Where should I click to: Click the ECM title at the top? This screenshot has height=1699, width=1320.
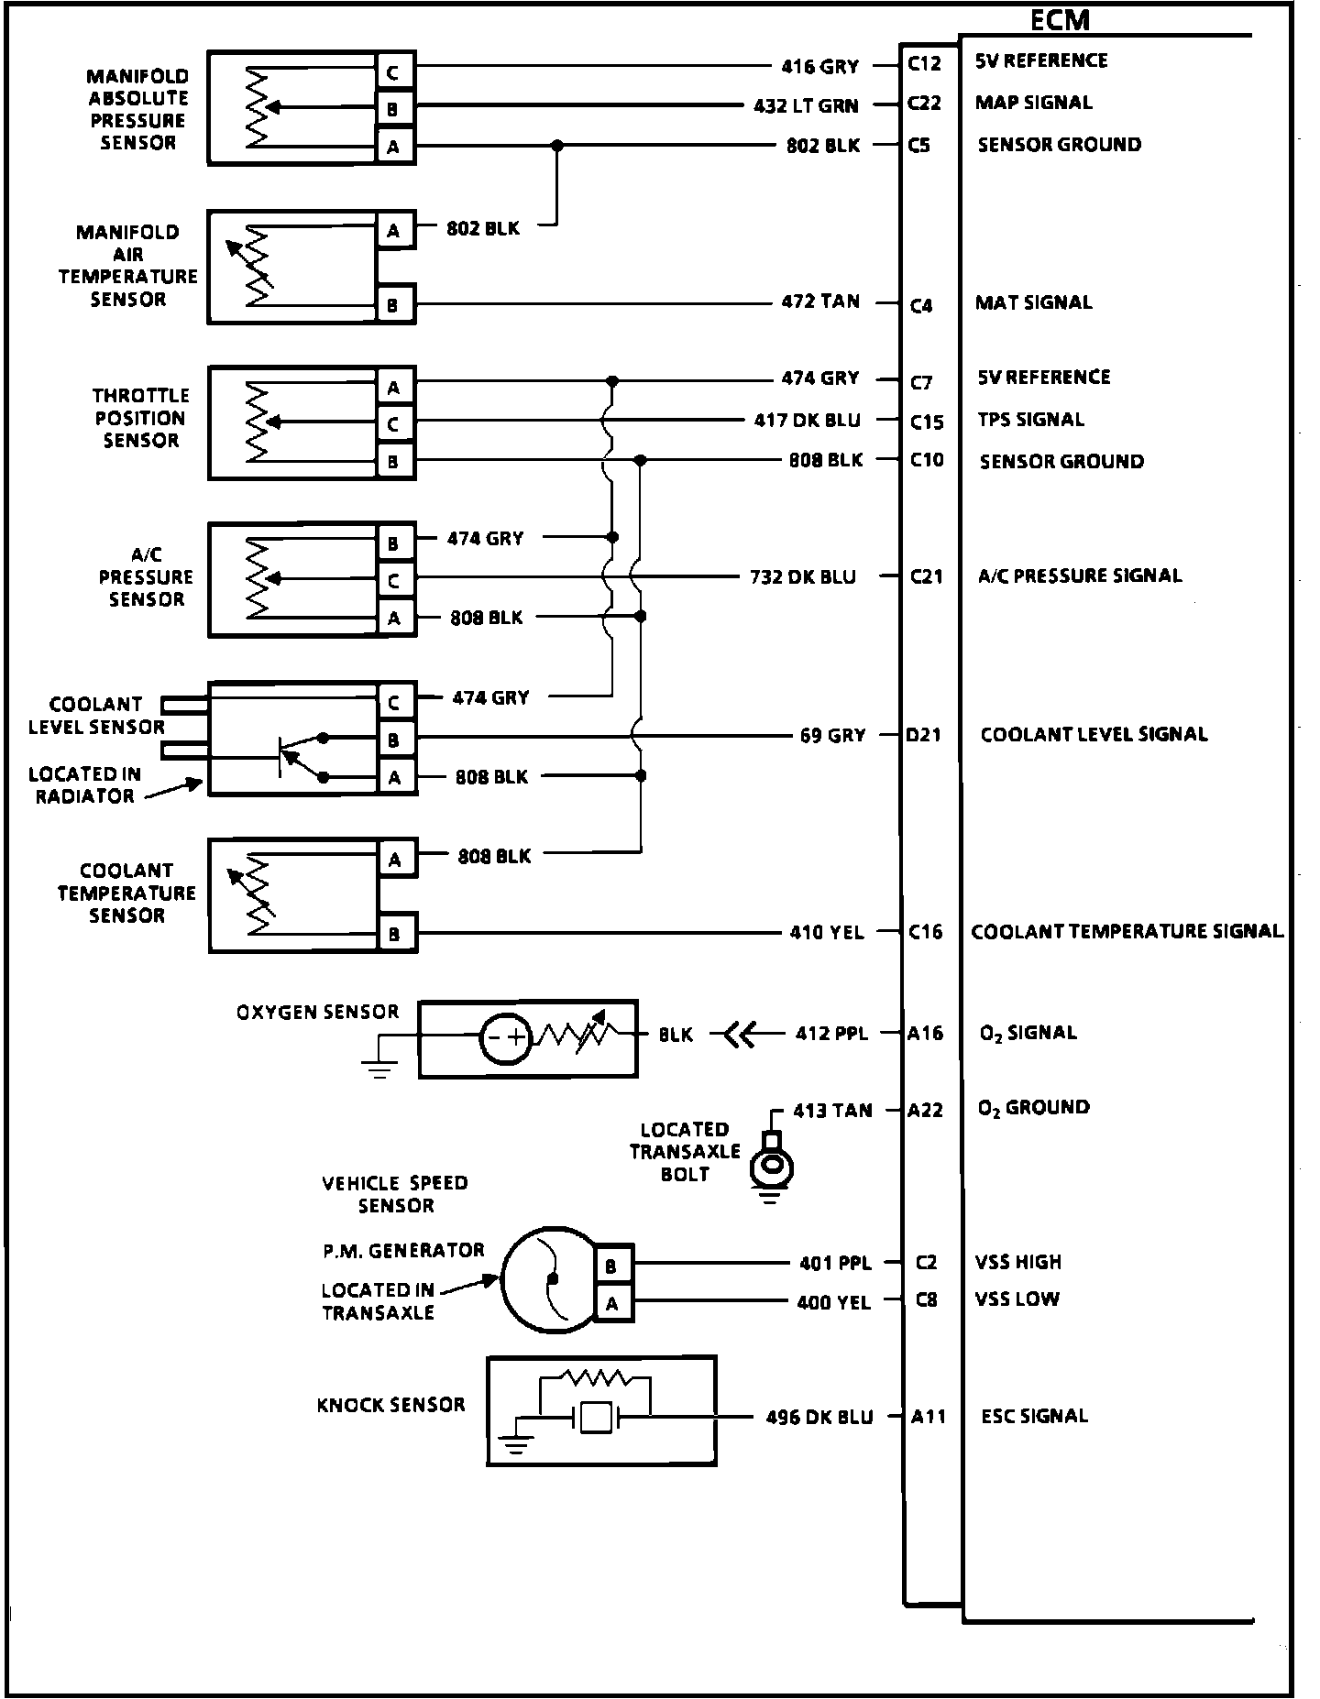coord(1061,19)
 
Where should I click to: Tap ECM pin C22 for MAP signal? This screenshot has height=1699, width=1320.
coord(924,103)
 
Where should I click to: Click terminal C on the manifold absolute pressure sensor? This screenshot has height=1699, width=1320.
coord(393,71)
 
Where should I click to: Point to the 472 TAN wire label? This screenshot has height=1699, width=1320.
coord(820,301)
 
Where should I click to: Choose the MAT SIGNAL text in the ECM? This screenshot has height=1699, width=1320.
coord(1033,302)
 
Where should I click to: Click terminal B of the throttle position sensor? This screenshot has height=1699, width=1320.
coord(393,461)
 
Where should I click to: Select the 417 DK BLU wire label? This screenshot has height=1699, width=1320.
coord(808,420)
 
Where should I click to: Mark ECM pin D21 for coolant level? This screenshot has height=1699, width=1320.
coord(923,735)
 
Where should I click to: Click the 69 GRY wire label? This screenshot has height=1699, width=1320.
coord(832,735)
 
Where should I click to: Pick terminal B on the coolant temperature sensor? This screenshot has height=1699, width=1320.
coord(394,934)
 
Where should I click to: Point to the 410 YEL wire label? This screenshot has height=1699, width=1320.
coord(827,932)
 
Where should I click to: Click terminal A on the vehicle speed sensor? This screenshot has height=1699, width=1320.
coord(611,1302)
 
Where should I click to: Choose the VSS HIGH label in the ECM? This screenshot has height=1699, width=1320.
coord(1017,1262)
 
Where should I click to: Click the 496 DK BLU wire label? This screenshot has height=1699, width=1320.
coord(819,1417)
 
